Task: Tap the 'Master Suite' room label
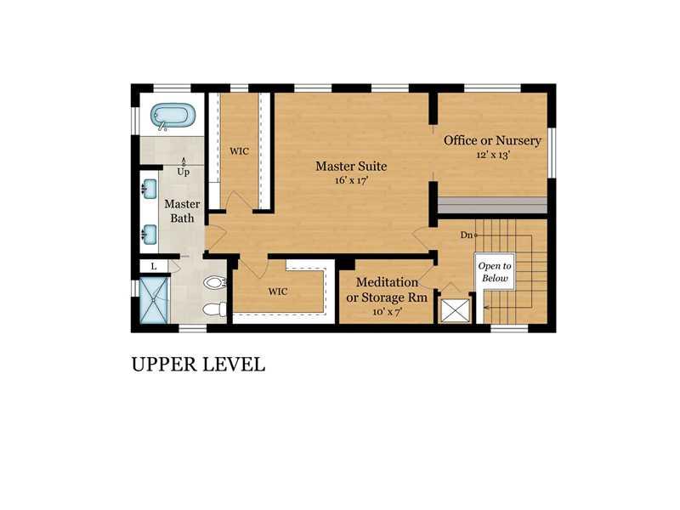[351, 166]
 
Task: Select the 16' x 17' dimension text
[351, 180]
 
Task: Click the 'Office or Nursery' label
[492, 140]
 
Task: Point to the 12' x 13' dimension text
[493, 155]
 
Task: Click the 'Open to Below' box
[495, 272]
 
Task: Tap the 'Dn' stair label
[466, 235]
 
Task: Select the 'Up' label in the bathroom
[183, 172]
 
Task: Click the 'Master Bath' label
[182, 211]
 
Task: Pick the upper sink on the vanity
[150, 189]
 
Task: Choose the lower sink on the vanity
[150, 235]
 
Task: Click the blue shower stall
[154, 300]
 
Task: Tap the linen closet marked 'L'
[154, 266]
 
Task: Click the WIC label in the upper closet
[240, 151]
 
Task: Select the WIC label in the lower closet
[278, 292]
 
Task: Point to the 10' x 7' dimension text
[388, 311]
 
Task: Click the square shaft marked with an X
[456, 309]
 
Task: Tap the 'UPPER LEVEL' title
[198, 365]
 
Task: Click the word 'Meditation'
[388, 282]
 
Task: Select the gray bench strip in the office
[492, 205]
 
